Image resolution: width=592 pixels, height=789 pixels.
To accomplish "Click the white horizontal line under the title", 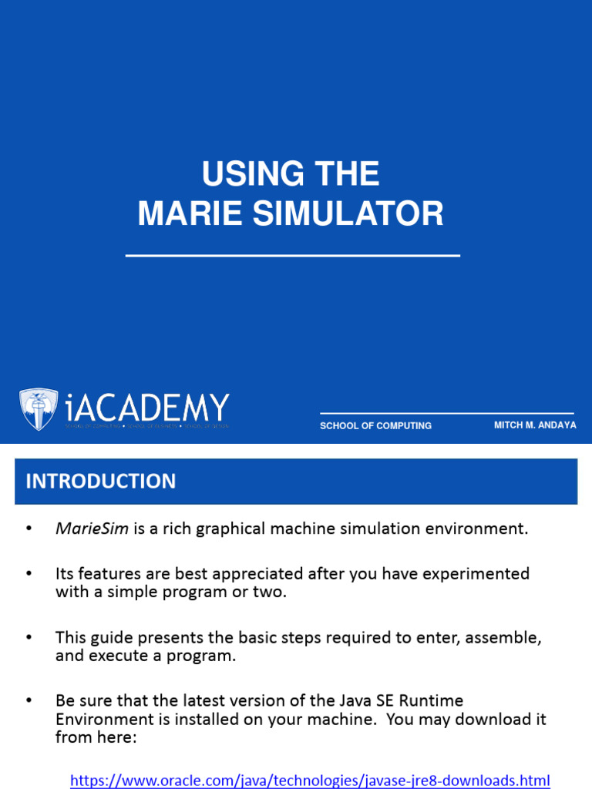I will [x=292, y=255].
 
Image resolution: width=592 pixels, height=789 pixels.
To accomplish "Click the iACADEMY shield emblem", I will [x=38, y=409].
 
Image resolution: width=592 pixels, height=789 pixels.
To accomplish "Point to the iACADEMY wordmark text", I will [x=147, y=408].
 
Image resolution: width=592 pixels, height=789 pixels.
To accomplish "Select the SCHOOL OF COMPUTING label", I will [x=375, y=425].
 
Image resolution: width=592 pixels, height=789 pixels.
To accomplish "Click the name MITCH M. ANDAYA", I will [x=535, y=425].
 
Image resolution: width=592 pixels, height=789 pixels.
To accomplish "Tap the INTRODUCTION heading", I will [x=101, y=482].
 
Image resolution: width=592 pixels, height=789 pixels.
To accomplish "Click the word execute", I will [x=113, y=656].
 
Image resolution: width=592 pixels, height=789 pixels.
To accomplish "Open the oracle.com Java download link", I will [x=310, y=780].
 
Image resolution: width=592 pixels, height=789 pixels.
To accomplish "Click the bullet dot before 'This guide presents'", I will [x=29, y=638].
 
